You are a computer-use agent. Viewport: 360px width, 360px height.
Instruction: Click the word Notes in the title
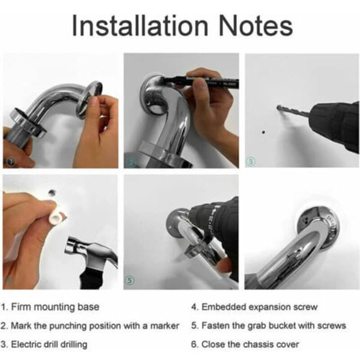click(256, 25)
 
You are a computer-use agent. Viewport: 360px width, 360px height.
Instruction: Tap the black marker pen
click(202, 82)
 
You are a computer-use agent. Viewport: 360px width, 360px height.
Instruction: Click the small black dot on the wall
click(263, 132)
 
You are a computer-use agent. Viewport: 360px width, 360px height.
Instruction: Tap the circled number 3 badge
click(250, 161)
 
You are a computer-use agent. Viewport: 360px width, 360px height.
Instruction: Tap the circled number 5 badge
click(130, 280)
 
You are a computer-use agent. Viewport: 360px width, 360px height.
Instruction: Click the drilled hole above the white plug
click(52, 192)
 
